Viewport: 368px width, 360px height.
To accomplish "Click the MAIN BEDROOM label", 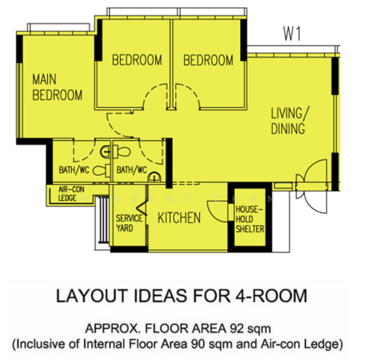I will point(57,88).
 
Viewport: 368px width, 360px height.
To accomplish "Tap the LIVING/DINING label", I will point(290,121).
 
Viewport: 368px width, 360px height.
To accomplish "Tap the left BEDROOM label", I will point(137,60).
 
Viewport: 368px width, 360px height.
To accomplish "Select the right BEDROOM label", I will point(208,60).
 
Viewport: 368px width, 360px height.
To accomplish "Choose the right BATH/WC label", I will point(131,170).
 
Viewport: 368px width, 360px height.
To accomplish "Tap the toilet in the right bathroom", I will point(124,151).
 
